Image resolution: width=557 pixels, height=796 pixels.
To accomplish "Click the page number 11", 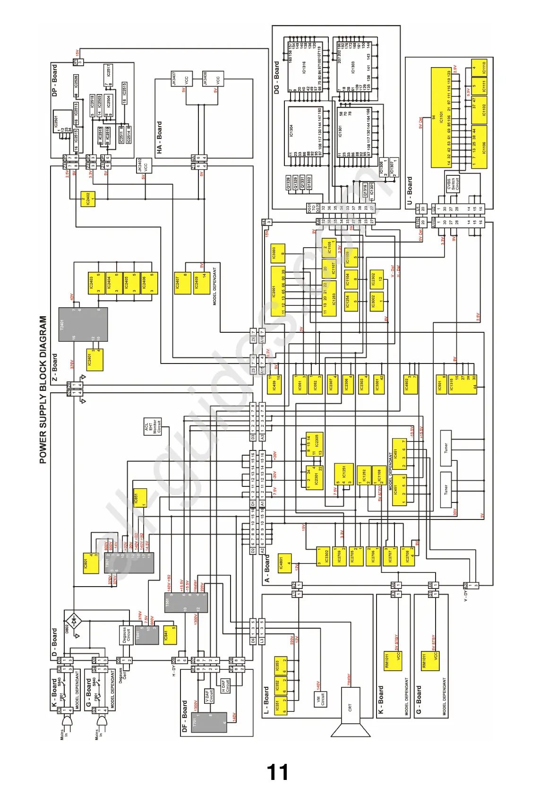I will click(x=277, y=772).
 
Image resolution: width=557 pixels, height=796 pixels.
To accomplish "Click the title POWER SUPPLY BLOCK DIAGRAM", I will click(x=43, y=389).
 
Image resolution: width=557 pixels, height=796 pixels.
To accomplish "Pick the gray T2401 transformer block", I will click(x=83, y=324).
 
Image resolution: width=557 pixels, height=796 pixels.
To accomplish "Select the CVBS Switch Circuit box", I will click(x=453, y=183).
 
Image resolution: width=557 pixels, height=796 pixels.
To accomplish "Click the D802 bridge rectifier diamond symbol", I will click(x=73, y=620).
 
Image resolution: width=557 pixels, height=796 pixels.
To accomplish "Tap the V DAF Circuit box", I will click(x=209, y=696).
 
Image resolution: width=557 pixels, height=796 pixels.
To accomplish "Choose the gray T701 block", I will click(x=209, y=721).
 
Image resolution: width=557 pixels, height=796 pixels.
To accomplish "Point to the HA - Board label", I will click(x=159, y=137).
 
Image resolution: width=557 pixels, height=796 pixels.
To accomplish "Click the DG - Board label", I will click(x=277, y=78).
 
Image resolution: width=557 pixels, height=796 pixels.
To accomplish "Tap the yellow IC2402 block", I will click(x=88, y=199).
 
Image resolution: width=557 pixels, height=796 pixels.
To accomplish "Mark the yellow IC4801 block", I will click(x=284, y=564).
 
